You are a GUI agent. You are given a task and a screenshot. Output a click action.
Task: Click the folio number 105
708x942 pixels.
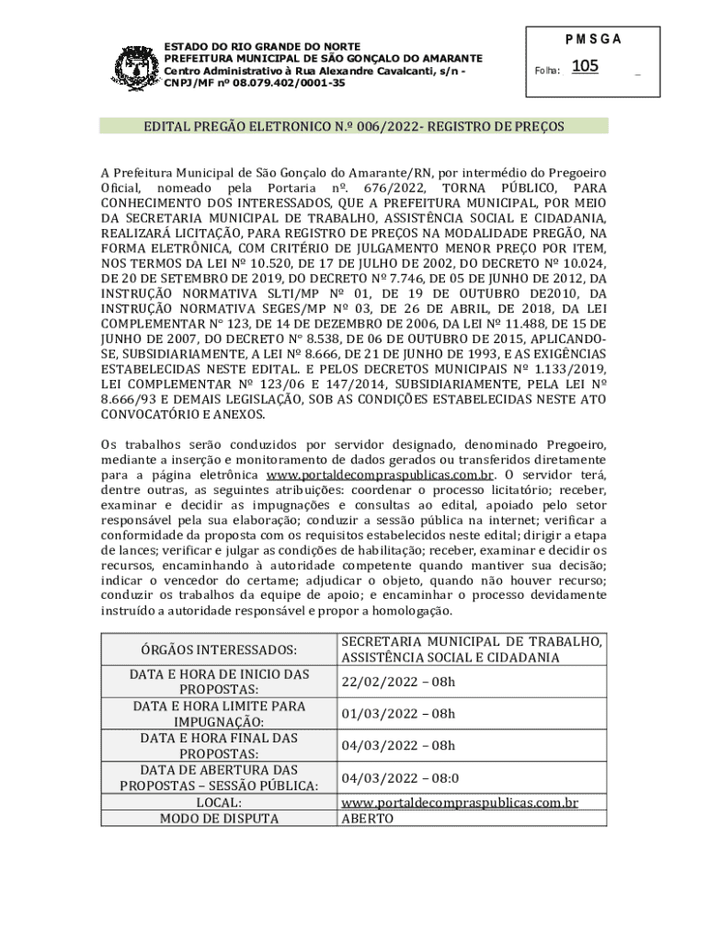click(x=585, y=66)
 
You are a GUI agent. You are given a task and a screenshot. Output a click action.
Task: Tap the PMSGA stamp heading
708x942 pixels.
click(x=594, y=40)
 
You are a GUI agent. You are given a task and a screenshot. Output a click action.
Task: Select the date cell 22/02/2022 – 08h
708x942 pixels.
click(x=398, y=682)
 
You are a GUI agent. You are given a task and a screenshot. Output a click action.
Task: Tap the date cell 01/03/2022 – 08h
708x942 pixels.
click(x=398, y=714)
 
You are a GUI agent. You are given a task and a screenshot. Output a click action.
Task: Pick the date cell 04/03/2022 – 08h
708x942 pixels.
click(x=398, y=746)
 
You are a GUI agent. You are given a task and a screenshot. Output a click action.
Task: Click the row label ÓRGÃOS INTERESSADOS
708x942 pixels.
click(x=219, y=650)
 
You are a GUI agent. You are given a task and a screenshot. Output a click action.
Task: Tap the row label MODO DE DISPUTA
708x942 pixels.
click(x=219, y=818)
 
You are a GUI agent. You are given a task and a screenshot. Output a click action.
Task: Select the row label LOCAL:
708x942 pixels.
click(x=219, y=802)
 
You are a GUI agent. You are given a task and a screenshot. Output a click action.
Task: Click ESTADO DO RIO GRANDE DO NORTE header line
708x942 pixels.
click(x=262, y=47)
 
